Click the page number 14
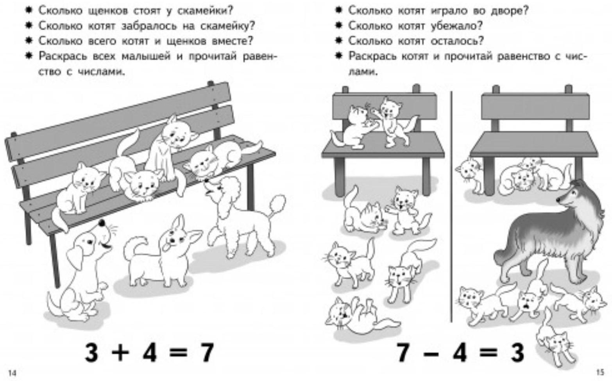[13, 373]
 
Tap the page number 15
[600, 372]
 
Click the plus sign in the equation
[120, 353]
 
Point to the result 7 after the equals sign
[205, 353]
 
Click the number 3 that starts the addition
[91, 353]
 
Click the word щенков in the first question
[109, 11]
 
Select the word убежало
[456, 26]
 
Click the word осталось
[457, 41]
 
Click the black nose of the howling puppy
[102, 223]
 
